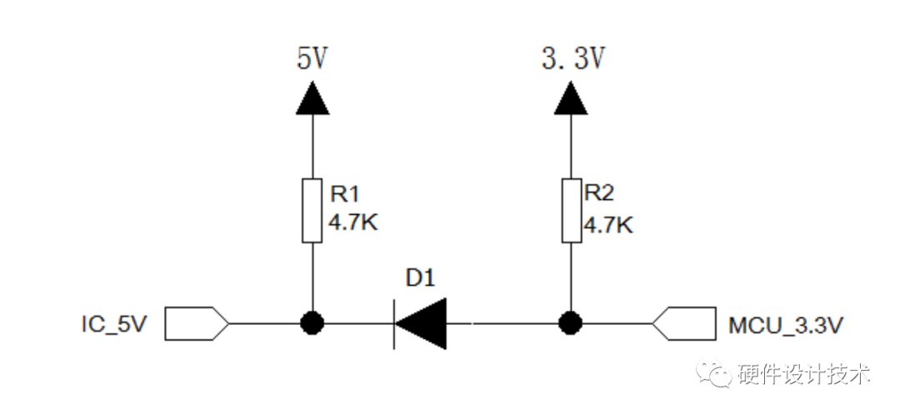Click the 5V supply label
312,58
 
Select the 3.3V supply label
572,58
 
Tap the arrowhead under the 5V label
312,97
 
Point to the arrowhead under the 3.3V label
571,97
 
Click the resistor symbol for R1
312,211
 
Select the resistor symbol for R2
571,211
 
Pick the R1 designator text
344,194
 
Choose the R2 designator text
598,194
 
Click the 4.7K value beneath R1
353,222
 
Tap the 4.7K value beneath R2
608,224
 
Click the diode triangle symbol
420,323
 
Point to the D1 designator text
420,279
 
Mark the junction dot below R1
312,323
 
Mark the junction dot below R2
571,323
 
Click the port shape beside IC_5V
197,323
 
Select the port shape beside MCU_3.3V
685,323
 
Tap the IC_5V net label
114,325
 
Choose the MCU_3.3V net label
786,325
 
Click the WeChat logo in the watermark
715,376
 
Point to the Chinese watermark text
806,376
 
